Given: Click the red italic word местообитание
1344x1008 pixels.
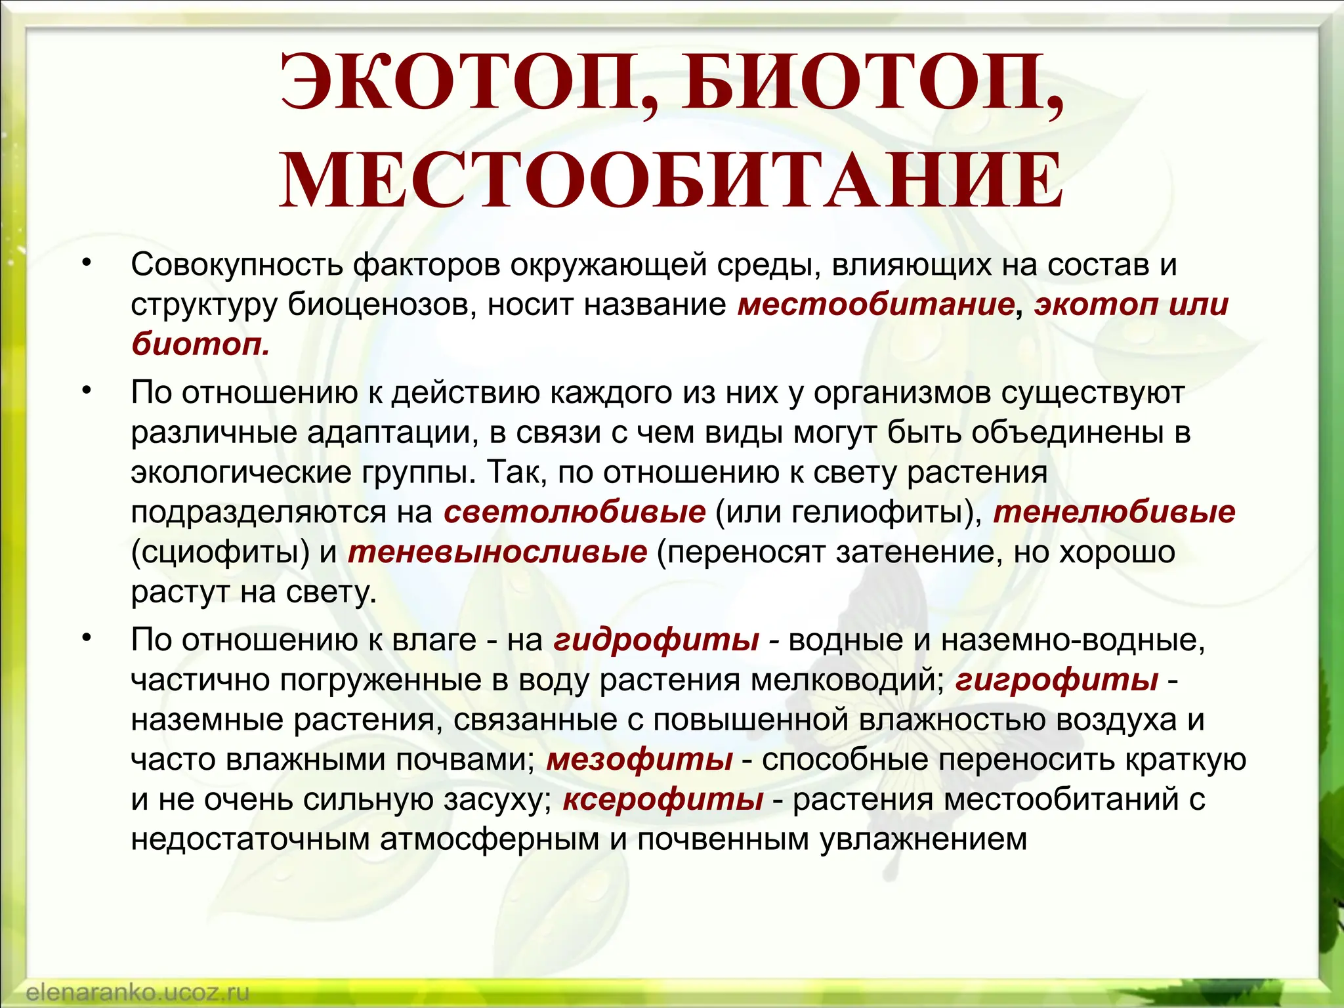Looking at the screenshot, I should [x=876, y=304].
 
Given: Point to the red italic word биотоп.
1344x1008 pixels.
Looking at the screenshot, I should [x=199, y=344].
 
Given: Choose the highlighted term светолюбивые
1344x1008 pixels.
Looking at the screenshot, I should [x=574, y=512].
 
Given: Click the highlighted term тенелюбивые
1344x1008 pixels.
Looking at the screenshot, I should [x=1114, y=512].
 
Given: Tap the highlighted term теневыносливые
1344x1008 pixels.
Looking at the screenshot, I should [x=497, y=552].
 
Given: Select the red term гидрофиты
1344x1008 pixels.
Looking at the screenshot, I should [x=656, y=639].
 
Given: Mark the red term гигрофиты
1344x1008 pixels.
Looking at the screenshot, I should [x=1057, y=679].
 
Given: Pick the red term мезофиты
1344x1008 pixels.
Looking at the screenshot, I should [x=639, y=759].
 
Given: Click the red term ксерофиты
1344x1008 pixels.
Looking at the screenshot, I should [x=663, y=799].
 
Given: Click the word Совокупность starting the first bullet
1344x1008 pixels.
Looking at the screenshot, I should [x=237, y=264].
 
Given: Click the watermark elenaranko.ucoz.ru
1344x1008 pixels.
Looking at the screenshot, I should [x=138, y=992].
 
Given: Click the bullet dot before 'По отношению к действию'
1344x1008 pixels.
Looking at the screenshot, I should [x=85, y=391].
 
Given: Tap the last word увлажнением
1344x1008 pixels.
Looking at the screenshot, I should [x=923, y=840].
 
